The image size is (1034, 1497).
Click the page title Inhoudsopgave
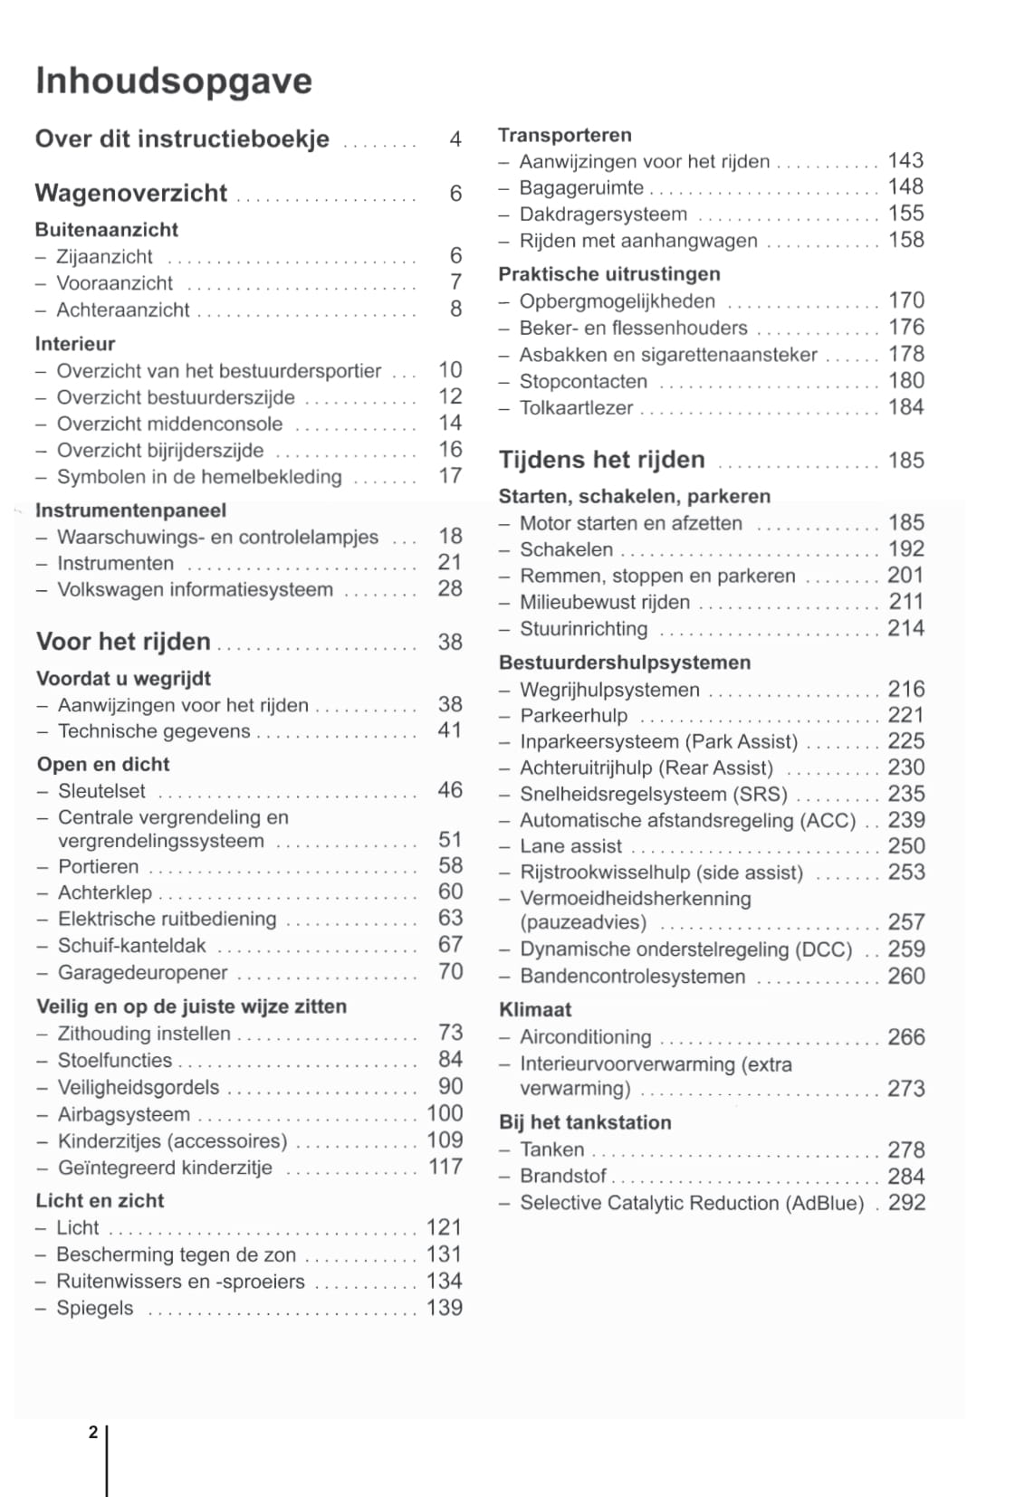click(174, 81)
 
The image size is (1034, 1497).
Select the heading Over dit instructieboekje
click(182, 139)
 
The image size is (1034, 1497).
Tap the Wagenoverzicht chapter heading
click(131, 193)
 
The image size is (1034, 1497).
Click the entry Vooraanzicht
click(114, 282)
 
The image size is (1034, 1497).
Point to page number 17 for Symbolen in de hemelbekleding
click(450, 476)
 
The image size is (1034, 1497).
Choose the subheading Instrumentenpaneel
click(130, 510)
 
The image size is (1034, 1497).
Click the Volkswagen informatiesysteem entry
click(195, 589)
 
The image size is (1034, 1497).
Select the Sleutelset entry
click(101, 790)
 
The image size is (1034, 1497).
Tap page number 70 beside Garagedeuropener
click(450, 971)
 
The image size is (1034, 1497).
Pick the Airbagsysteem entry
click(124, 1114)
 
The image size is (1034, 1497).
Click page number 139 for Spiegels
click(445, 1308)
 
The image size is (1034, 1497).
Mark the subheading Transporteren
click(565, 135)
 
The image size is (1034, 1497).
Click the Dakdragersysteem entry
click(603, 215)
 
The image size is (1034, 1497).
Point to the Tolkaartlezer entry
click(576, 407)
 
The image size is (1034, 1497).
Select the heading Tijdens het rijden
click(602, 460)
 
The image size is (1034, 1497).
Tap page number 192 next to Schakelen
click(905, 548)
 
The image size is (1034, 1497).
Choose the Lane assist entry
click(570, 846)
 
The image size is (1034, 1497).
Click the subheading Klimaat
click(535, 1010)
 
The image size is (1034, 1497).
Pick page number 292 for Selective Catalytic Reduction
click(906, 1203)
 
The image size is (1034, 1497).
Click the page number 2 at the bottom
click(93, 1432)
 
